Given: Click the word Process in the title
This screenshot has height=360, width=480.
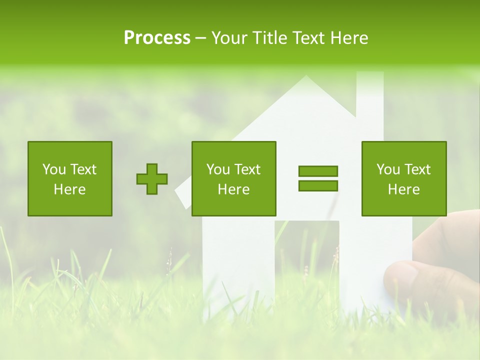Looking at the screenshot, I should (x=157, y=38).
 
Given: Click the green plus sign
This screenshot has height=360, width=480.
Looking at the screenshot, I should (x=152, y=179).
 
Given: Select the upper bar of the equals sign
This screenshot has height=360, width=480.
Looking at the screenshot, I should (x=318, y=171).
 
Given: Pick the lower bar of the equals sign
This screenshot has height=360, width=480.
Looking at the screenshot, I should (x=318, y=185).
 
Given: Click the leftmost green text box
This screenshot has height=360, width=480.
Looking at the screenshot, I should (x=70, y=178).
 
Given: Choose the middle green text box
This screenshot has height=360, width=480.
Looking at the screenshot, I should (x=234, y=178).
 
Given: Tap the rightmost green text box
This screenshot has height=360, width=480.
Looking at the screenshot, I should (x=404, y=178).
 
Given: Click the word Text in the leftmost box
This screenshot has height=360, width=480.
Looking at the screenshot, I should (x=83, y=169).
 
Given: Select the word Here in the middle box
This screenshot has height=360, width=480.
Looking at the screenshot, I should (x=234, y=189).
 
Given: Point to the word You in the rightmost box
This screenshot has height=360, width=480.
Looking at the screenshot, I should (x=388, y=169).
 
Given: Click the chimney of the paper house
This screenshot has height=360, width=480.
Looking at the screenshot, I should (x=369, y=95).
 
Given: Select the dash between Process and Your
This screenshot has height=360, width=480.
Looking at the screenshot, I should (x=200, y=38).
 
